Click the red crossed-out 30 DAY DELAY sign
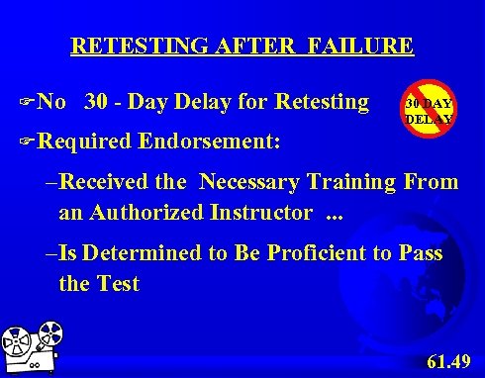point(427,111)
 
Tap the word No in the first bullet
point(53,102)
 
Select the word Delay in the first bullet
point(208,102)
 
